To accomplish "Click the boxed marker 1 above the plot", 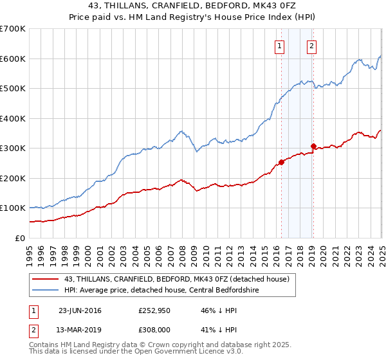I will click(x=280, y=46).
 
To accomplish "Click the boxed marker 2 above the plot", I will click(x=311, y=46).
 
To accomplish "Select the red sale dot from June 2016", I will click(x=281, y=162).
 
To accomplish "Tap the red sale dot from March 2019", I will click(x=313, y=146).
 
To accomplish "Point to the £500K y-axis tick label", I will click(x=13, y=89).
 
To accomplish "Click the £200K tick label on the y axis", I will click(x=13, y=178).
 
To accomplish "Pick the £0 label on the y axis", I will click(x=20, y=238).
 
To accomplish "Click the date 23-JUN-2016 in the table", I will click(x=80, y=310).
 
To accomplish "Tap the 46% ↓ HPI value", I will click(x=212, y=310).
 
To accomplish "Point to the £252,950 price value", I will click(x=152, y=310).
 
